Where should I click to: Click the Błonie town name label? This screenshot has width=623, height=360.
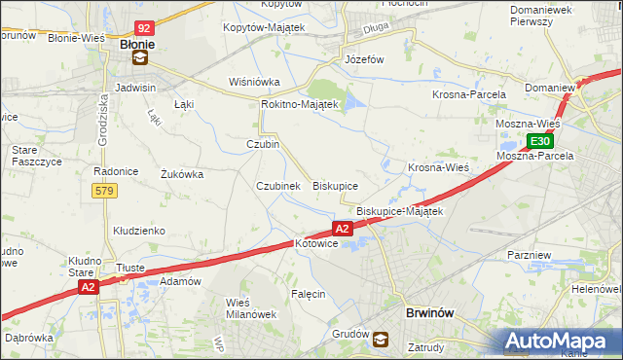click(x=140, y=44)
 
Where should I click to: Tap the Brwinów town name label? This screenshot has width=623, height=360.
click(x=429, y=314)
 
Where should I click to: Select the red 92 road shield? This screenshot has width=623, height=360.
click(x=143, y=30)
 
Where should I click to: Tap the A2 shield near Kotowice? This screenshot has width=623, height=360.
click(x=342, y=229)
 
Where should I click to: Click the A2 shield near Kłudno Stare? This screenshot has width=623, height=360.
click(x=88, y=287)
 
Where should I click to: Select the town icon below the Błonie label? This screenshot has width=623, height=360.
click(x=141, y=58)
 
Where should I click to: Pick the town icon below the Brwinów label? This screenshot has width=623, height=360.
click(x=381, y=340)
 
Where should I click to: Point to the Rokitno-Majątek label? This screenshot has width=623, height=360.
click(x=299, y=104)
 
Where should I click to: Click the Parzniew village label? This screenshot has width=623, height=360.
click(x=531, y=254)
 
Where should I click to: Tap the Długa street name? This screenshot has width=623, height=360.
click(x=376, y=29)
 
